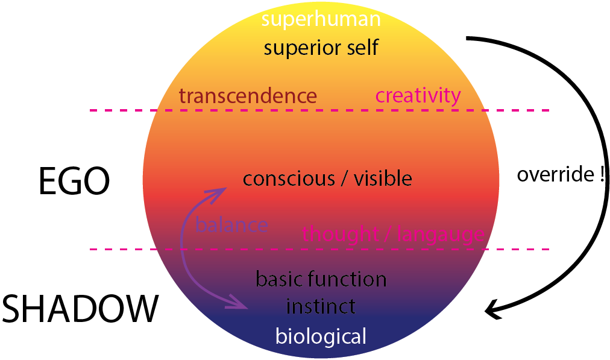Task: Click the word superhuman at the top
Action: (x=321, y=19)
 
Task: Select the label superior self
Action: (x=321, y=47)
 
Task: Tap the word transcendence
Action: (x=248, y=96)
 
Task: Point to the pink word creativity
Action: (x=418, y=95)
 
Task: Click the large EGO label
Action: (x=74, y=182)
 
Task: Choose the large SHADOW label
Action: (x=80, y=309)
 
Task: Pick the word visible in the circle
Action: (x=382, y=178)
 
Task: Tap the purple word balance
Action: (x=232, y=226)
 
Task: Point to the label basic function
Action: (x=321, y=279)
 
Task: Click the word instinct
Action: (x=321, y=306)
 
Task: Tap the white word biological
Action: (x=321, y=336)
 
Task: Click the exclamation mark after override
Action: (x=602, y=175)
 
